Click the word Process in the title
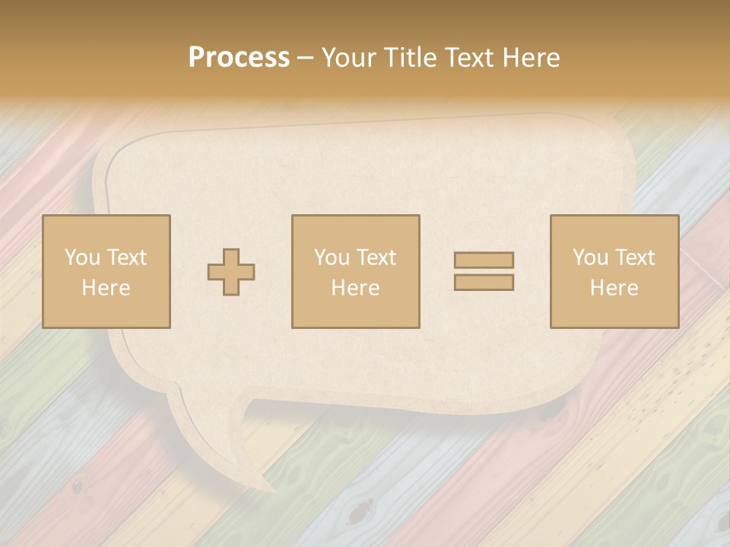(x=239, y=58)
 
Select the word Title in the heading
(x=409, y=58)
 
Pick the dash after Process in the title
(x=305, y=58)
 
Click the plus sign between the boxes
(x=232, y=272)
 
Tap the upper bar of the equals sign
(x=484, y=260)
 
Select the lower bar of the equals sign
(x=484, y=282)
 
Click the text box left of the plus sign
(x=106, y=271)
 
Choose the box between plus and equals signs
(x=356, y=271)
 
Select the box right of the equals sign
(x=614, y=271)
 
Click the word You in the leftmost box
(x=81, y=258)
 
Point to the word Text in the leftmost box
(x=125, y=258)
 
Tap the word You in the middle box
(x=332, y=258)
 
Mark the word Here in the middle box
(x=356, y=288)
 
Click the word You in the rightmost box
(x=590, y=258)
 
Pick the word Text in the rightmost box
(x=634, y=258)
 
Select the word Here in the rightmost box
(x=614, y=288)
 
